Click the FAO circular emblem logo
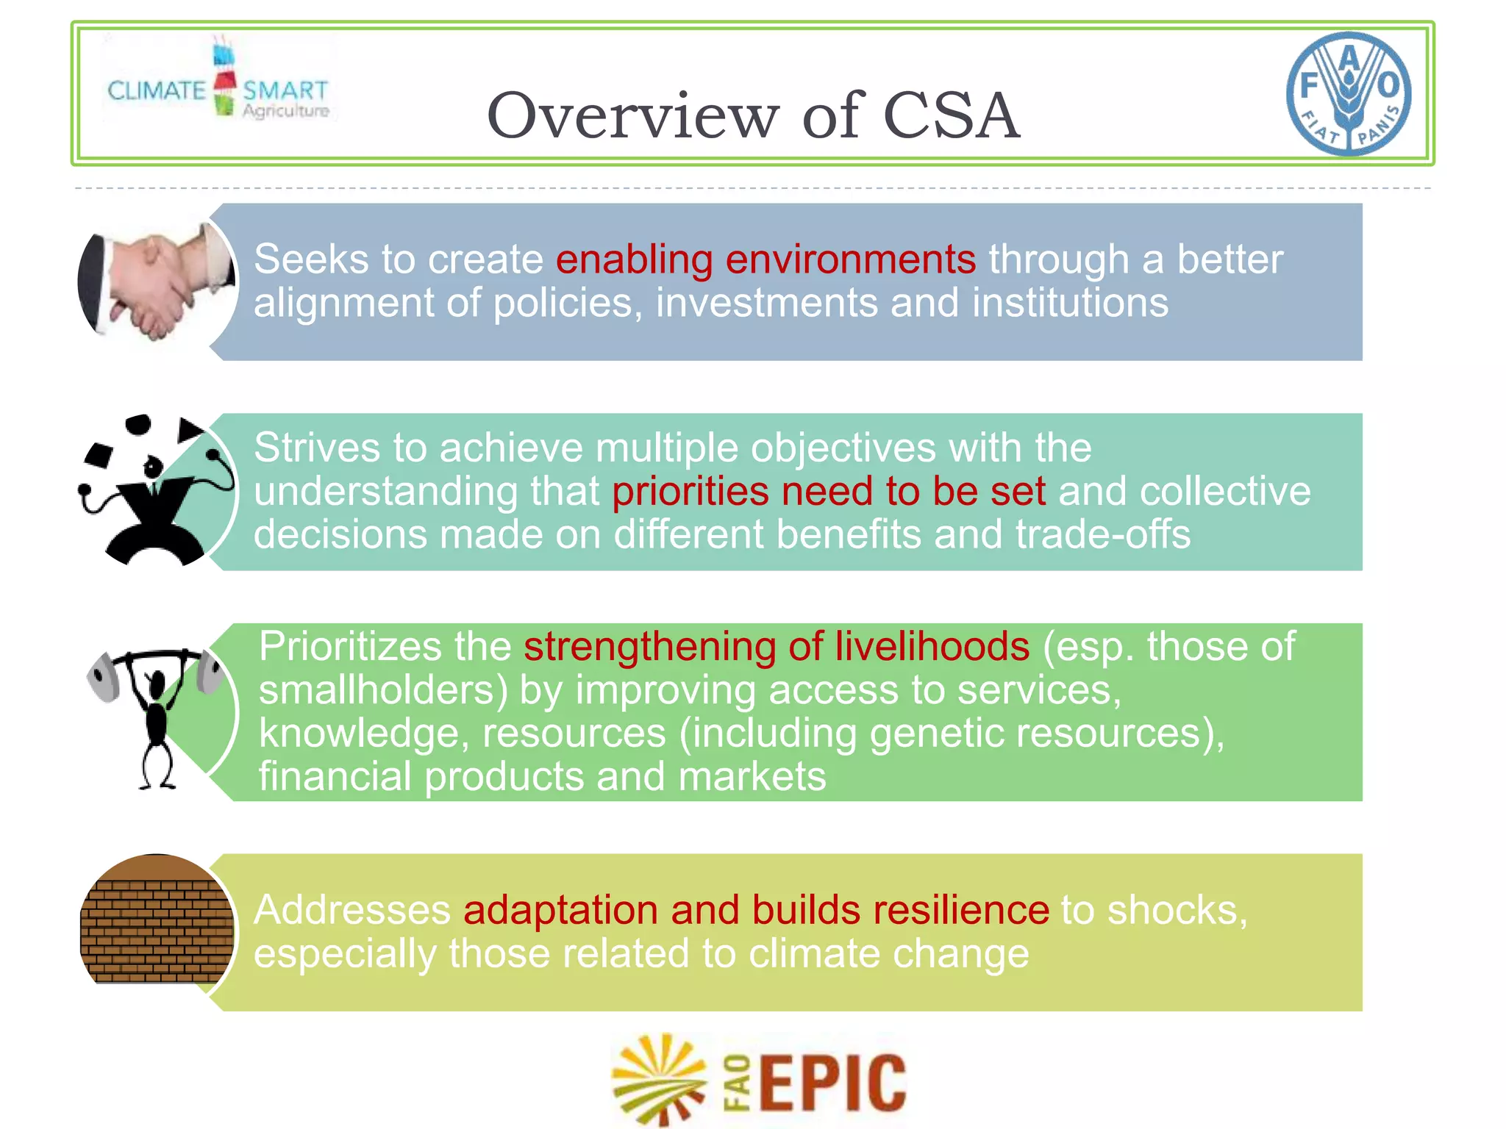[1349, 93]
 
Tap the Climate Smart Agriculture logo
[218, 81]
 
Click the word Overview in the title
[632, 115]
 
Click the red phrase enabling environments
[766, 259]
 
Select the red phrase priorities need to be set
[829, 491]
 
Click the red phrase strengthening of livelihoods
[777, 647]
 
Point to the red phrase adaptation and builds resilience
[756, 910]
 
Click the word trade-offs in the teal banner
[1102, 534]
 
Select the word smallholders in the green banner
[383, 690]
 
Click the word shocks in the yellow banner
[1177, 910]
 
